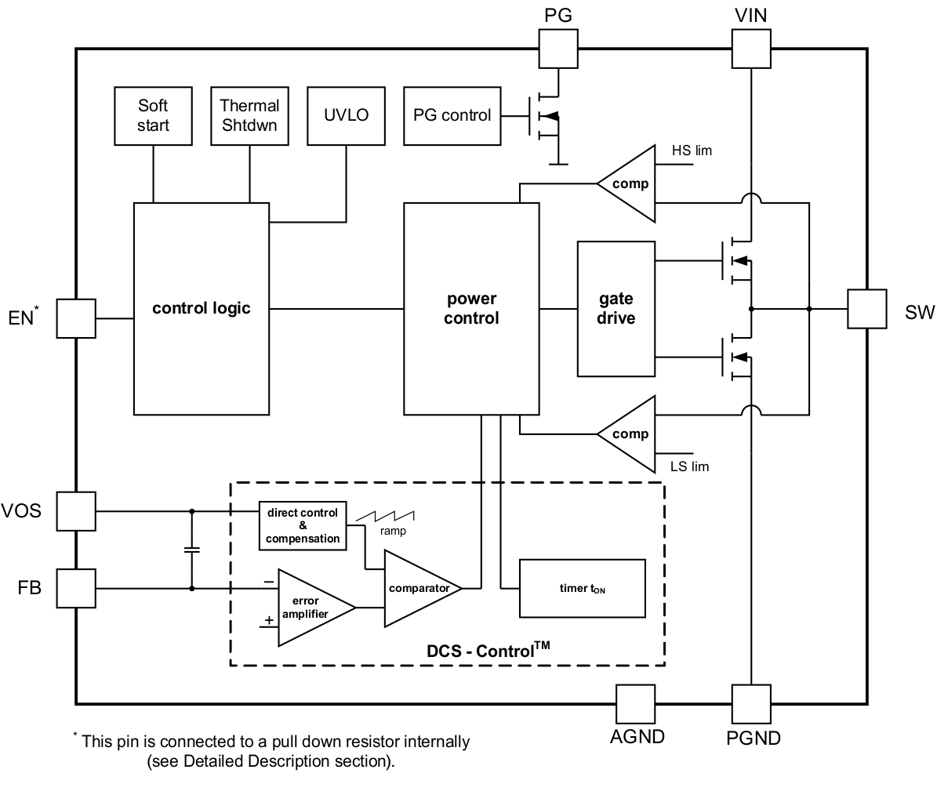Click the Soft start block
pyautogui.click(x=153, y=115)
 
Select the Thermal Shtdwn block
pyautogui.click(x=249, y=115)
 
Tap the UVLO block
pyautogui.click(x=346, y=115)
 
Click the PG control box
pyautogui.click(x=452, y=115)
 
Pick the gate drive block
pyautogui.click(x=616, y=309)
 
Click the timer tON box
pyautogui.click(x=582, y=589)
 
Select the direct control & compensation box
pyautogui.click(x=303, y=525)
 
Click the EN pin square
pyautogui.click(x=77, y=318)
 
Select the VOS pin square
pyautogui.click(x=77, y=511)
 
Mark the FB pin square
pyautogui.click(x=77, y=588)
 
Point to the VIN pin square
pyautogui.click(x=750, y=49)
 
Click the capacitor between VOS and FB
pyautogui.click(x=191, y=550)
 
